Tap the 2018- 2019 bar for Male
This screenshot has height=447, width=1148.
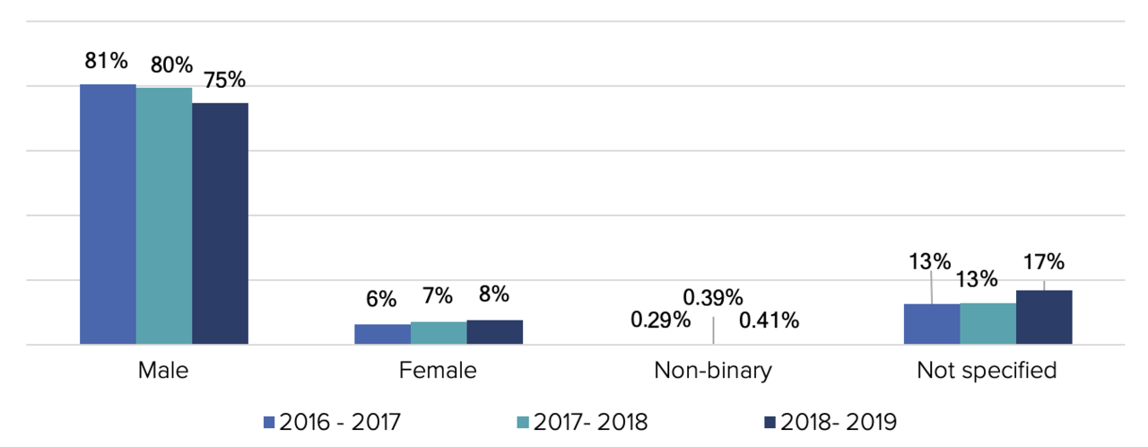tap(220, 223)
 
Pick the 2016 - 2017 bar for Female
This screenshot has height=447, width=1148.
tap(382, 334)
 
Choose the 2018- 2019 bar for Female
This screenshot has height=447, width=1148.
tap(494, 332)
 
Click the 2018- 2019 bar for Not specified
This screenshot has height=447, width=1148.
tap(1044, 317)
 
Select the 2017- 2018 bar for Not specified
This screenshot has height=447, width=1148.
tap(987, 323)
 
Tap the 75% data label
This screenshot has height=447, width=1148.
tap(224, 80)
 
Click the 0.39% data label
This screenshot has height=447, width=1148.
tap(713, 297)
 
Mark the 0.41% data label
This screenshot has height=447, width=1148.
tap(769, 320)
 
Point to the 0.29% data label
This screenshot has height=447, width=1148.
tap(660, 320)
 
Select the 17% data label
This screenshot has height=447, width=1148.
tap(1044, 262)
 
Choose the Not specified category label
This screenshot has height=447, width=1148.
tap(987, 371)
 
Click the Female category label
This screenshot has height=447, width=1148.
tap(438, 371)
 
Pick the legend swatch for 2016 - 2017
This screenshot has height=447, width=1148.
tap(268, 422)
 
